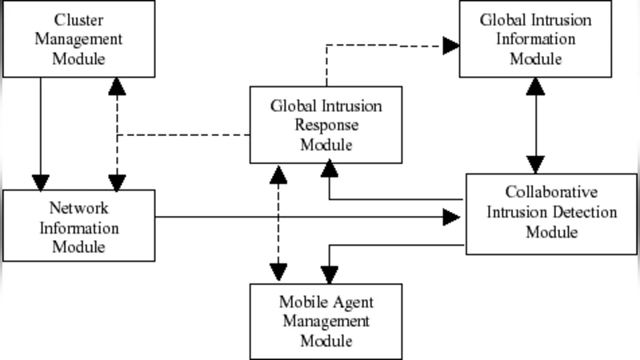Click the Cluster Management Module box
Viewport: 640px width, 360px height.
[79, 38]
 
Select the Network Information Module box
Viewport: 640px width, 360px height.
[79, 226]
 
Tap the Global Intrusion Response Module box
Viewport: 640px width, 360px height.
[326, 125]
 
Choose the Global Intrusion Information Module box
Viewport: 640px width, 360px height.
[536, 38]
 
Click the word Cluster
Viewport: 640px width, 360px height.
[79, 18]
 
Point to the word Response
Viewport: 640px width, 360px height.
[326, 125]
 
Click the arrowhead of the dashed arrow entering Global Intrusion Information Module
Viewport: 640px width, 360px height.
[451, 46]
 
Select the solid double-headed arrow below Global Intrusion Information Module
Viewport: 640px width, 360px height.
[536, 125]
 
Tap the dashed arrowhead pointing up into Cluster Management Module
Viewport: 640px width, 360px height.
[118, 86]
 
